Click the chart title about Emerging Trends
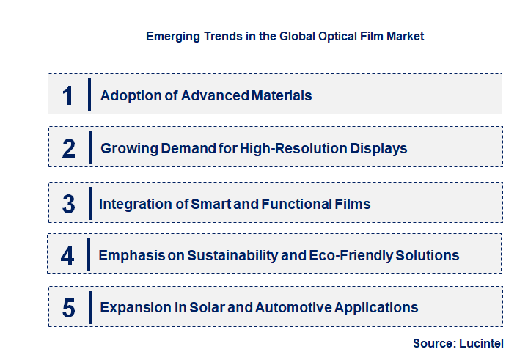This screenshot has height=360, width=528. (x=285, y=36)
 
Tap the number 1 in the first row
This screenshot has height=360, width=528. (x=68, y=95)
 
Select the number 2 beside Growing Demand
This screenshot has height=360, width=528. (x=69, y=148)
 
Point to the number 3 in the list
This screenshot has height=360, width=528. (x=69, y=204)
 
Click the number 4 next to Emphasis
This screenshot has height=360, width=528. (x=68, y=255)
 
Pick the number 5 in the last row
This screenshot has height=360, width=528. (x=69, y=307)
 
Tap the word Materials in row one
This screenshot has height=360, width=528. (x=282, y=95)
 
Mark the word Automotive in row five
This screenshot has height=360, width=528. (x=293, y=307)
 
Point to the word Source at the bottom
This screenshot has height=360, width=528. (x=434, y=343)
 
